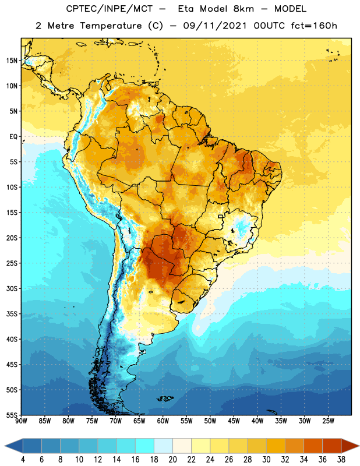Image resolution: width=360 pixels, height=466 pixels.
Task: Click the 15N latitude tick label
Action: click(x=12, y=61)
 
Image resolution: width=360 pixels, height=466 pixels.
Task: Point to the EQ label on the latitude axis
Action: click(x=13, y=137)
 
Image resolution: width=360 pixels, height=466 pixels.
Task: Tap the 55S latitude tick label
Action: click(x=12, y=415)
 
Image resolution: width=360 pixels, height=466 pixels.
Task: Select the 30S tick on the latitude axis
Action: click(x=12, y=288)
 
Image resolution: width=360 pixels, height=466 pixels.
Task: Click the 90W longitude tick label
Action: click(x=21, y=421)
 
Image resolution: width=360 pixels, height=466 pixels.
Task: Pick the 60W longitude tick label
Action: click(x=163, y=421)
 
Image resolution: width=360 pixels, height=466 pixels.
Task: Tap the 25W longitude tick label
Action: click(x=328, y=421)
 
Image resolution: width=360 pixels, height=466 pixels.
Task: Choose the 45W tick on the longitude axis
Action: click(x=234, y=421)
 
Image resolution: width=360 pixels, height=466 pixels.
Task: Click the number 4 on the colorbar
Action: click(x=23, y=460)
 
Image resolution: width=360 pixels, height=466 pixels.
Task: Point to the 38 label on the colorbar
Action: click(x=341, y=460)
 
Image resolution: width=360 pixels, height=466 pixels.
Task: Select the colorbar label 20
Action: click(x=172, y=460)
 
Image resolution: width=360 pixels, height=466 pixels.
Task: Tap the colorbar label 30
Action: click(x=266, y=460)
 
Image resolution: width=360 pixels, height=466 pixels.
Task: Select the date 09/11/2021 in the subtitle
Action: click(x=215, y=26)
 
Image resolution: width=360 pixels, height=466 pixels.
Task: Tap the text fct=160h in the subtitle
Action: click(x=314, y=26)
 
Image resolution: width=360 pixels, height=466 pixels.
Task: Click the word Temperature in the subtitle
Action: click(x=111, y=26)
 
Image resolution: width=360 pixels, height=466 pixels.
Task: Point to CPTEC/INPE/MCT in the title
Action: click(x=109, y=9)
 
